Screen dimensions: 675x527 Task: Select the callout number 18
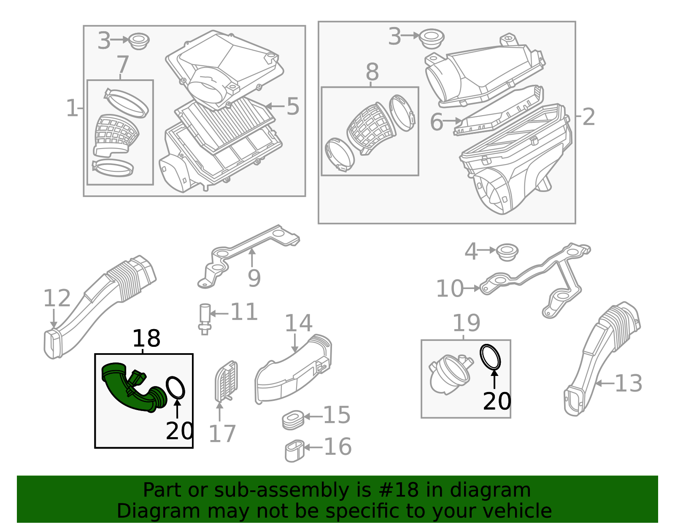point(146,338)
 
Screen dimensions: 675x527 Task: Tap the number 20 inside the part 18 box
point(180,431)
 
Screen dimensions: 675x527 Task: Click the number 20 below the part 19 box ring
point(497,402)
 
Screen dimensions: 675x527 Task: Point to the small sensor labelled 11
point(205,319)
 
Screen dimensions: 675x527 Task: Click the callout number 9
point(254,278)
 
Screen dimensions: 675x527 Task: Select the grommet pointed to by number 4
point(507,252)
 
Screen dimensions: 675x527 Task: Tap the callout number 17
point(222,434)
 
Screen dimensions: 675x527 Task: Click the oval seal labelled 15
point(293,420)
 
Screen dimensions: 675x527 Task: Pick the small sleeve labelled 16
point(294,451)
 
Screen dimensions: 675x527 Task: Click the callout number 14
point(299,323)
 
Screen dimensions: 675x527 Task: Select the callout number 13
point(629,384)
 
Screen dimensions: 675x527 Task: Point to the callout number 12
point(57,298)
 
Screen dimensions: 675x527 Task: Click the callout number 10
point(450,289)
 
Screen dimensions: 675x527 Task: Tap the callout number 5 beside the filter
point(293,106)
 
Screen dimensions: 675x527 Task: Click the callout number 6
point(437,122)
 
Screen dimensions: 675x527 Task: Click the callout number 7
point(123,65)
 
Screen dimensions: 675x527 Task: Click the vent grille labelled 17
point(227,381)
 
